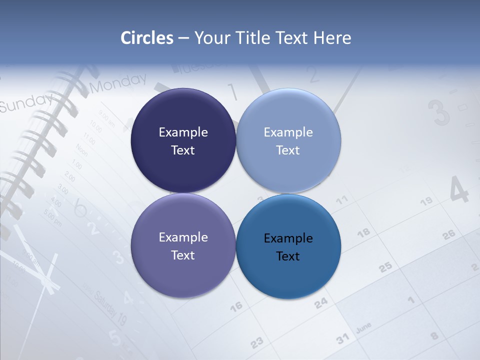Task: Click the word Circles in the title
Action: [147, 38]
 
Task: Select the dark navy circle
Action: [183, 141]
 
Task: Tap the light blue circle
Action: [288, 141]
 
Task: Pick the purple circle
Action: [183, 246]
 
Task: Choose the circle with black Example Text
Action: [288, 247]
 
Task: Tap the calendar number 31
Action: [342, 339]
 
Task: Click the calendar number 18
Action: [363, 232]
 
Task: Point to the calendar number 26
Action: [449, 233]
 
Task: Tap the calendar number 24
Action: [321, 302]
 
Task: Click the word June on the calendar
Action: [363, 327]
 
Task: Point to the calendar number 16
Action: [236, 305]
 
